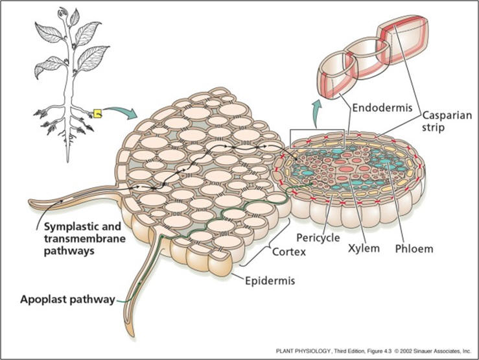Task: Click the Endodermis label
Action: [x=382, y=108]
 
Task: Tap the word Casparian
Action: [x=447, y=115]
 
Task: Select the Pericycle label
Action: [x=318, y=238]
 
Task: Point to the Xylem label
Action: [x=364, y=248]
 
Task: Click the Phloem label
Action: [x=414, y=249]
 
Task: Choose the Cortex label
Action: [x=288, y=252]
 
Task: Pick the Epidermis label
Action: [x=270, y=281]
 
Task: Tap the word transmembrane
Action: [x=85, y=239]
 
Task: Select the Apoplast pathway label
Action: [x=67, y=299]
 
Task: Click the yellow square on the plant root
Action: [x=97, y=114]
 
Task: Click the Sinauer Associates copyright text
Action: [x=432, y=351]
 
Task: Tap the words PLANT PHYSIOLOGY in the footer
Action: [x=303, y=351]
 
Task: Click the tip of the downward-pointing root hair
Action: [x=133, y=335]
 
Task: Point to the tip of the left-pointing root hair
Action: [x=29, y=202]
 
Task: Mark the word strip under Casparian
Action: [x=433, y=127]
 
